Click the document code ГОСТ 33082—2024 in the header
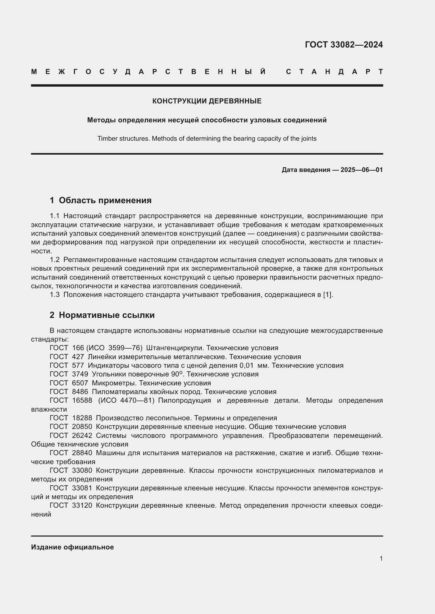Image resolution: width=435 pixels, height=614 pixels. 344,45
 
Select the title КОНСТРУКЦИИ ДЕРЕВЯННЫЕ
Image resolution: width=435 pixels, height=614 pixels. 207,101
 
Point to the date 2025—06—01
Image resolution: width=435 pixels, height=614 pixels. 361,170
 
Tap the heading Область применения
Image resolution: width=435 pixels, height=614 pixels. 105,200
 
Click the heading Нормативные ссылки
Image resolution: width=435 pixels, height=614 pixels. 107,315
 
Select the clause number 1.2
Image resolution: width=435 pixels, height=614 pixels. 55,260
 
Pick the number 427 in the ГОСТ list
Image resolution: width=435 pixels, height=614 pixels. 78,357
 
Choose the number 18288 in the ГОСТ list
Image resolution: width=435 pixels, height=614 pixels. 82,418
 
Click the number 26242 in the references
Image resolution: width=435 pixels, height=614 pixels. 82,436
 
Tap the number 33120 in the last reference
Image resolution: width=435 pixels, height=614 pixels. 82,506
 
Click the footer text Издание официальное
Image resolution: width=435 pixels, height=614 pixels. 72,547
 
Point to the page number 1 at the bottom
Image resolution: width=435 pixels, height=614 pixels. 381,558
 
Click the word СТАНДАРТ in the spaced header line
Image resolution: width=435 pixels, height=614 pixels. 334,72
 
